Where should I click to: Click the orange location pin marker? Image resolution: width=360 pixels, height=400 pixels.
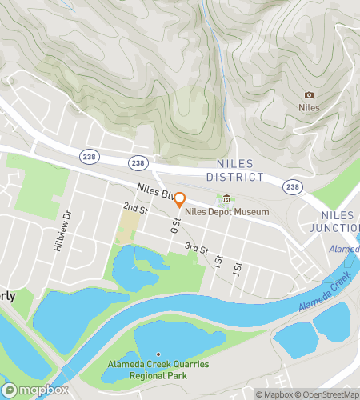click(x=180, y=200)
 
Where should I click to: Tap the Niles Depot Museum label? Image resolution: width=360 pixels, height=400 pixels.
click(x=227, y=212)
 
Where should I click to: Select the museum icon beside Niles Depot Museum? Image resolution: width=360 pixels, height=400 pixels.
click(x=226, y=199)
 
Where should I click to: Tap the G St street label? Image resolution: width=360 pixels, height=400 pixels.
click(x=174, y=227)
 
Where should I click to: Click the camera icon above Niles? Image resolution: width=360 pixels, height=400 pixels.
click(x=310, y=94)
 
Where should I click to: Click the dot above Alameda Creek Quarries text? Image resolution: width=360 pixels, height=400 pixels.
click(x=158, y=354)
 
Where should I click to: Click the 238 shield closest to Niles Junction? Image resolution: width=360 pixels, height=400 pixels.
click(x=294, y=186)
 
